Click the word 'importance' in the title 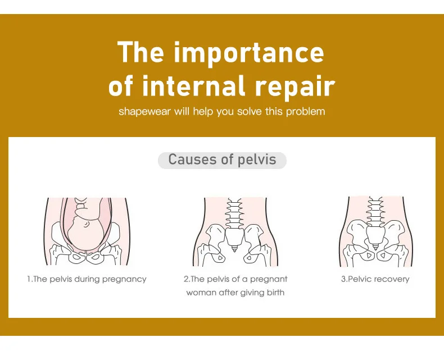point(248,53)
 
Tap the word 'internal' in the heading point(194,86)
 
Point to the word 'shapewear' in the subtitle point(145,111)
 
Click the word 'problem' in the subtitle point(306,111)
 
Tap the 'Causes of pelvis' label point(222,160)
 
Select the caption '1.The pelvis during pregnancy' point(87,279)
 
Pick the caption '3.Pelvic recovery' point(375,279)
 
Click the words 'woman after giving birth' point(235,293)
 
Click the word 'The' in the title point(141,53)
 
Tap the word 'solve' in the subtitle point(250,111)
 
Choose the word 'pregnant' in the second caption point(269,279)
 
